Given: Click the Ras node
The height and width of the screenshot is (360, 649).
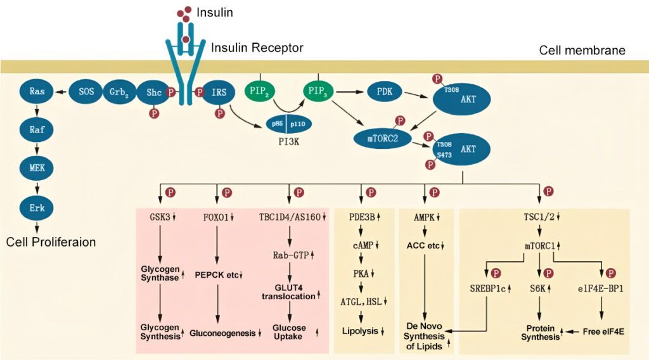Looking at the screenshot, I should (x=37, y=92).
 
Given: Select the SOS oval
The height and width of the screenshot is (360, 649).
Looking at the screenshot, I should (x=86, y=92).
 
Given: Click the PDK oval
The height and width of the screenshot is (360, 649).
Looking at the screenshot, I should (x=384, y=92).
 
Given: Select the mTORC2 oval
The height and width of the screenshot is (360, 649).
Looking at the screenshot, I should (x=382, y=136).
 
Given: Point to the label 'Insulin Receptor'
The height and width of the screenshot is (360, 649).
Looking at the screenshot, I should (x=257, y=48).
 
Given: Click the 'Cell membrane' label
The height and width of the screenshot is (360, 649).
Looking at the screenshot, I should (x=582, y=50).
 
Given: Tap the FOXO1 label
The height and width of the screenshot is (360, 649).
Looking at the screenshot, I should (x=215, y=216).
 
